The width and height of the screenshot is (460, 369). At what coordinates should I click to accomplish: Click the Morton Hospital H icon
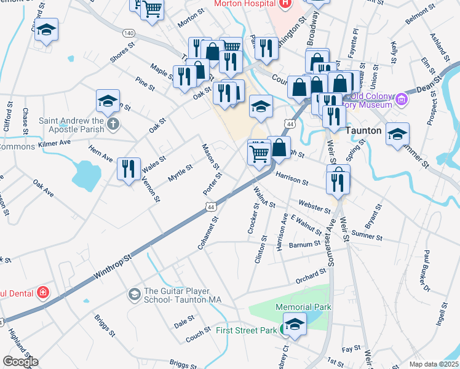coord(284,4)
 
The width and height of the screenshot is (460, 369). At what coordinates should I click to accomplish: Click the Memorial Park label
coord(304,307)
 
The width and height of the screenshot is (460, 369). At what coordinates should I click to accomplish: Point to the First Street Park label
coord(247,330)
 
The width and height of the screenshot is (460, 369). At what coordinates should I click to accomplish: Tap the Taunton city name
coord(365,131)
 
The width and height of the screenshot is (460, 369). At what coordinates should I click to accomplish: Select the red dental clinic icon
coord(42,292)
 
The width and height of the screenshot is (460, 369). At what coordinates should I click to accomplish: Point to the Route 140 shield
coord(128,32)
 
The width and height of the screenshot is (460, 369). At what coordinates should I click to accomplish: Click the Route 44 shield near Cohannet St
coord(211,208)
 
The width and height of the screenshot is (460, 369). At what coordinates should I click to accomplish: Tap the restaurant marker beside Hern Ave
coord(129,169)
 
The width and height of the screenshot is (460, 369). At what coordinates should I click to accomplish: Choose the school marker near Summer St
coord(398,134)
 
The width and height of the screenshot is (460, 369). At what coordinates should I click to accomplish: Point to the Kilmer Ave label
coord(55,143)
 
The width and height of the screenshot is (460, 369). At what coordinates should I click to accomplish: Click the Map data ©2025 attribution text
coord(434,364)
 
